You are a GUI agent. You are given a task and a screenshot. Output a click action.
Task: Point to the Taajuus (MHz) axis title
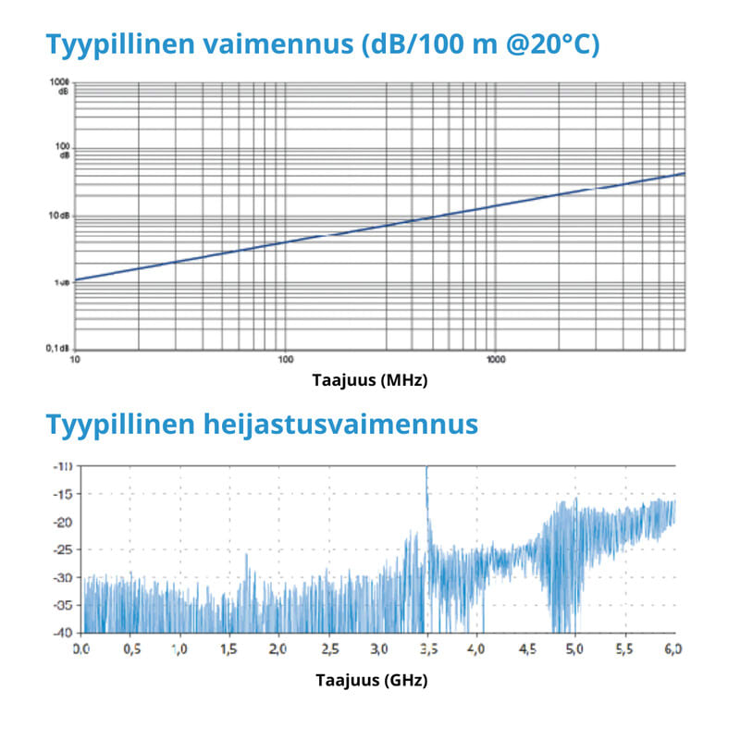point(370,379)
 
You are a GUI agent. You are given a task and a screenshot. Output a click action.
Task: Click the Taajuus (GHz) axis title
point(371,679)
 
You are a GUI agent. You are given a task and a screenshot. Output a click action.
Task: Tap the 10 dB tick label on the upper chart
point(57,216)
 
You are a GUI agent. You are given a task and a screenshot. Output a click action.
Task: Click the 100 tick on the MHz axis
point(285,359)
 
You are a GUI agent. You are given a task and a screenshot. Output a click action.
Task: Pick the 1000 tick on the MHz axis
point(495,359)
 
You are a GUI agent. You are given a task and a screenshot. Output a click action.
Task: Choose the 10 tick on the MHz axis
point(75,359)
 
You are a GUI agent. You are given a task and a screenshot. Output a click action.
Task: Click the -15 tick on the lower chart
point(62,495)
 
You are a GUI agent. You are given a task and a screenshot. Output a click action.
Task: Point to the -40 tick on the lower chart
point(62,633)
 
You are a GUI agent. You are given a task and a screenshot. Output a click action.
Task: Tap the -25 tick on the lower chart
point(62,550)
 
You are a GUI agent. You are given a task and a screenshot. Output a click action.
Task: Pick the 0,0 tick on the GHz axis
point(81,649)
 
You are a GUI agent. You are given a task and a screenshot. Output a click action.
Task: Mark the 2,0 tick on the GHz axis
point(278,649)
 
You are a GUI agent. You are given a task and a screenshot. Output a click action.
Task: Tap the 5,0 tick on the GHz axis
point(574,649)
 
